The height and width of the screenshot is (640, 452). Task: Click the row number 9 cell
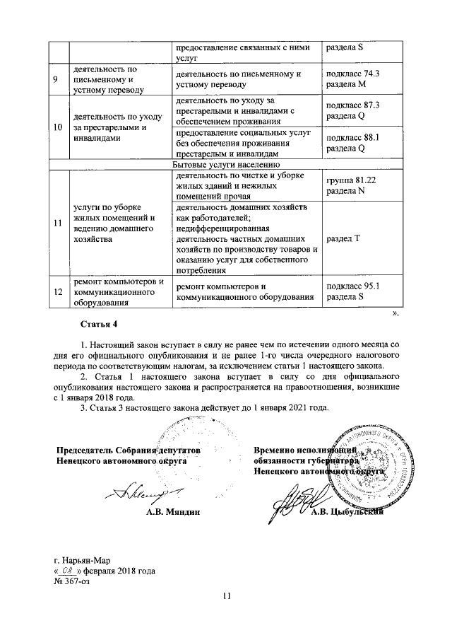pos(55,80)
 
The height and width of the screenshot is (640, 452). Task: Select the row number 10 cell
pos(56,127)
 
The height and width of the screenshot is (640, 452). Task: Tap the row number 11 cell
pos(56,224)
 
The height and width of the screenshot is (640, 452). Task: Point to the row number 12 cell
pos(56,292)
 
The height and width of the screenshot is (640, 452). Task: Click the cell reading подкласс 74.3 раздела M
pos(363,80)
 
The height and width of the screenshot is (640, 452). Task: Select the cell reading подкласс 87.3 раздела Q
pos(363,111)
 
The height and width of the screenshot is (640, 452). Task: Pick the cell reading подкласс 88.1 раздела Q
pos(363,144)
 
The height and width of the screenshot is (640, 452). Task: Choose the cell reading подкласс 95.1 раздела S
pos(363,292)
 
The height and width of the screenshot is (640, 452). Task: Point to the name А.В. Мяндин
pos(169,511)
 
